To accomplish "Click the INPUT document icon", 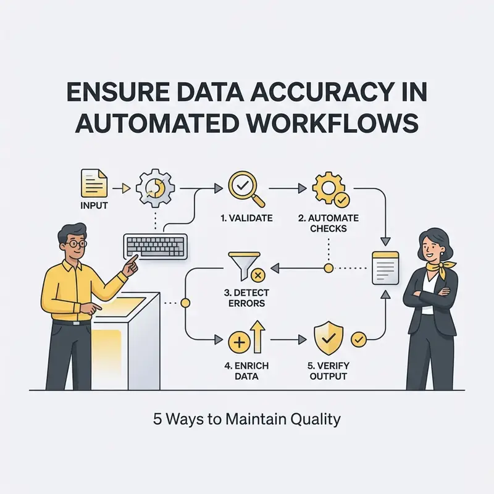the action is click(94, 183).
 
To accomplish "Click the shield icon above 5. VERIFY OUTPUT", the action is click(329, 338).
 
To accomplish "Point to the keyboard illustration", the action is click(156, 246).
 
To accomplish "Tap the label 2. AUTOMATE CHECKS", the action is click(329, 223).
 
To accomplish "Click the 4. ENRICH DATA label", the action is click(246, 371).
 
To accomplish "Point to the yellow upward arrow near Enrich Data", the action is click(257, 337).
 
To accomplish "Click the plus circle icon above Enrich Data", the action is click(239, 342).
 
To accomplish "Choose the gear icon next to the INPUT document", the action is click(155, 188).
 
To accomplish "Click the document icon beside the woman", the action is click(385, 268).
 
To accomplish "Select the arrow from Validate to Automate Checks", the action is click(287, 188).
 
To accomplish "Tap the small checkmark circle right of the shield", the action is click(359, 340).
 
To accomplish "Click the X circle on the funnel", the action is click(257, 275).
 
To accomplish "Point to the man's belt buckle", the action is click(77, 323).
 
